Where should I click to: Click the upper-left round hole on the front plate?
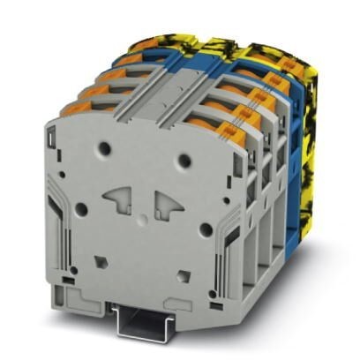pyautogui.click(x=105, y=149)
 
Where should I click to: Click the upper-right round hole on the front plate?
pyautogui.click(x=185, y=160)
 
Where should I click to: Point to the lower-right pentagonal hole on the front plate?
pyautogui.click(x=179, y=272)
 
